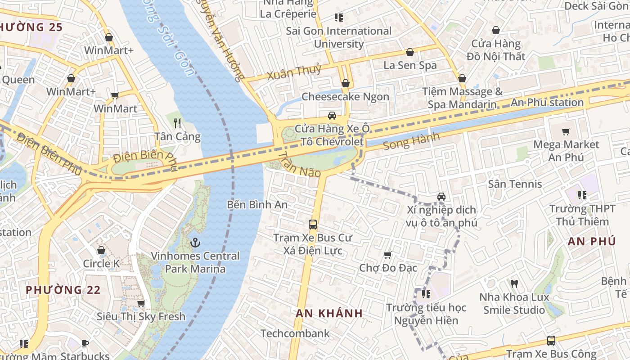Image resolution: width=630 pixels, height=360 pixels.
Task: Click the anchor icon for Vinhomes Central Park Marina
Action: point(195,243)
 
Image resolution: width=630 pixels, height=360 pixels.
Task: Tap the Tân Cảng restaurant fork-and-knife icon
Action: point(177,123)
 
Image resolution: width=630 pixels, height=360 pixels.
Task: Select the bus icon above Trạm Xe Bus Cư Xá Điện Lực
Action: point(312,224)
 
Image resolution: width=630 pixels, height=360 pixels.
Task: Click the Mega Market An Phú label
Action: point(566,151)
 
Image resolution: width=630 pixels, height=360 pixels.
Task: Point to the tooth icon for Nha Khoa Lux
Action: point(514,283)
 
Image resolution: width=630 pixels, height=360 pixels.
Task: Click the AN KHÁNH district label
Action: point(329,313)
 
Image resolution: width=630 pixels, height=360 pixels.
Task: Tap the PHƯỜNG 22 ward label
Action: point(63,290)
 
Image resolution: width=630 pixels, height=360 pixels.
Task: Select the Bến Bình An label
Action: point(257,205)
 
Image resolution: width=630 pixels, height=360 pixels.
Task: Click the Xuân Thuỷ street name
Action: point(294,72)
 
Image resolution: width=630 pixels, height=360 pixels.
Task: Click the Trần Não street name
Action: point(299,165)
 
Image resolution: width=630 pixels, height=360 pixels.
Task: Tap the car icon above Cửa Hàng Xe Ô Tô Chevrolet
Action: point(332,116)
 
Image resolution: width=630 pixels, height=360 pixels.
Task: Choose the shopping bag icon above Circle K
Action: point(101,250)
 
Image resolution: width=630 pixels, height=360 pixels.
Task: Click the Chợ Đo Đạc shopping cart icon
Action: point(388,255)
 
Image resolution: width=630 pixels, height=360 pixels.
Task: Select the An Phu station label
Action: point(547,103)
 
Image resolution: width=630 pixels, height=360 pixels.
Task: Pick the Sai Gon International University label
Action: point(339,37)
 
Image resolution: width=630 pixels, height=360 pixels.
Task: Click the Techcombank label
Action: point(295,333)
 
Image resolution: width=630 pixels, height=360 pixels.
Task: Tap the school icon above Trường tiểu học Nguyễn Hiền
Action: point(426,294)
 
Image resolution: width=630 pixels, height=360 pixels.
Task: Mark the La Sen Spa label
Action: point(409,65)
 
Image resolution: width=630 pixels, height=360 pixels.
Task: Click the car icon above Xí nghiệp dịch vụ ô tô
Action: point(441,197)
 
